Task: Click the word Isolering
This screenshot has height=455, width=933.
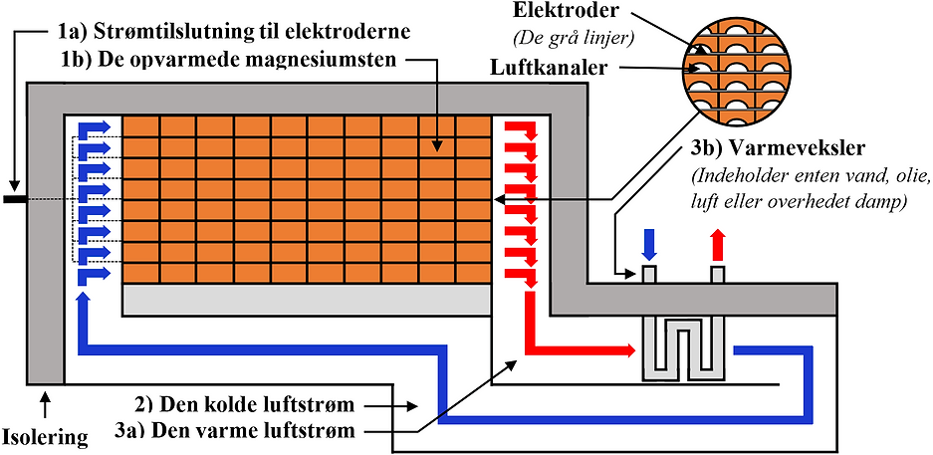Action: tap(44, 436)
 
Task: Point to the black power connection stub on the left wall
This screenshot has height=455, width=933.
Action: tap(16, 199)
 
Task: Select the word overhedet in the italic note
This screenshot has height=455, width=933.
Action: tap(853, 201)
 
